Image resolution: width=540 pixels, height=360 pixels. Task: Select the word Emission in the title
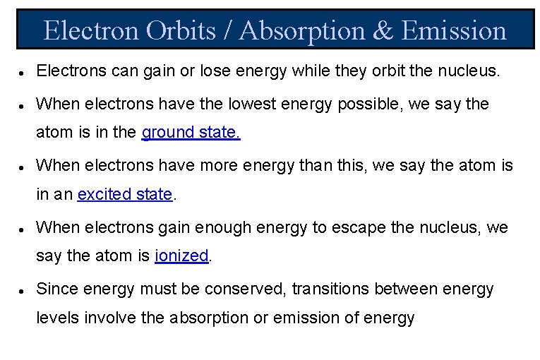point(454,31)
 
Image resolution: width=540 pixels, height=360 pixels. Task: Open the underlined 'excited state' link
point(125,195)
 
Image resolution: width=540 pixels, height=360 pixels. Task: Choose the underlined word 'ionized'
point(181,256)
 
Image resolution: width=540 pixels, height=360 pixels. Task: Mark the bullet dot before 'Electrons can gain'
point(24,73)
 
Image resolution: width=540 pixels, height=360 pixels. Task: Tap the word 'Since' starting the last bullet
point(56,288)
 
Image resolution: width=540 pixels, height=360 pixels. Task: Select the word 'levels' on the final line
point(57,318)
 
